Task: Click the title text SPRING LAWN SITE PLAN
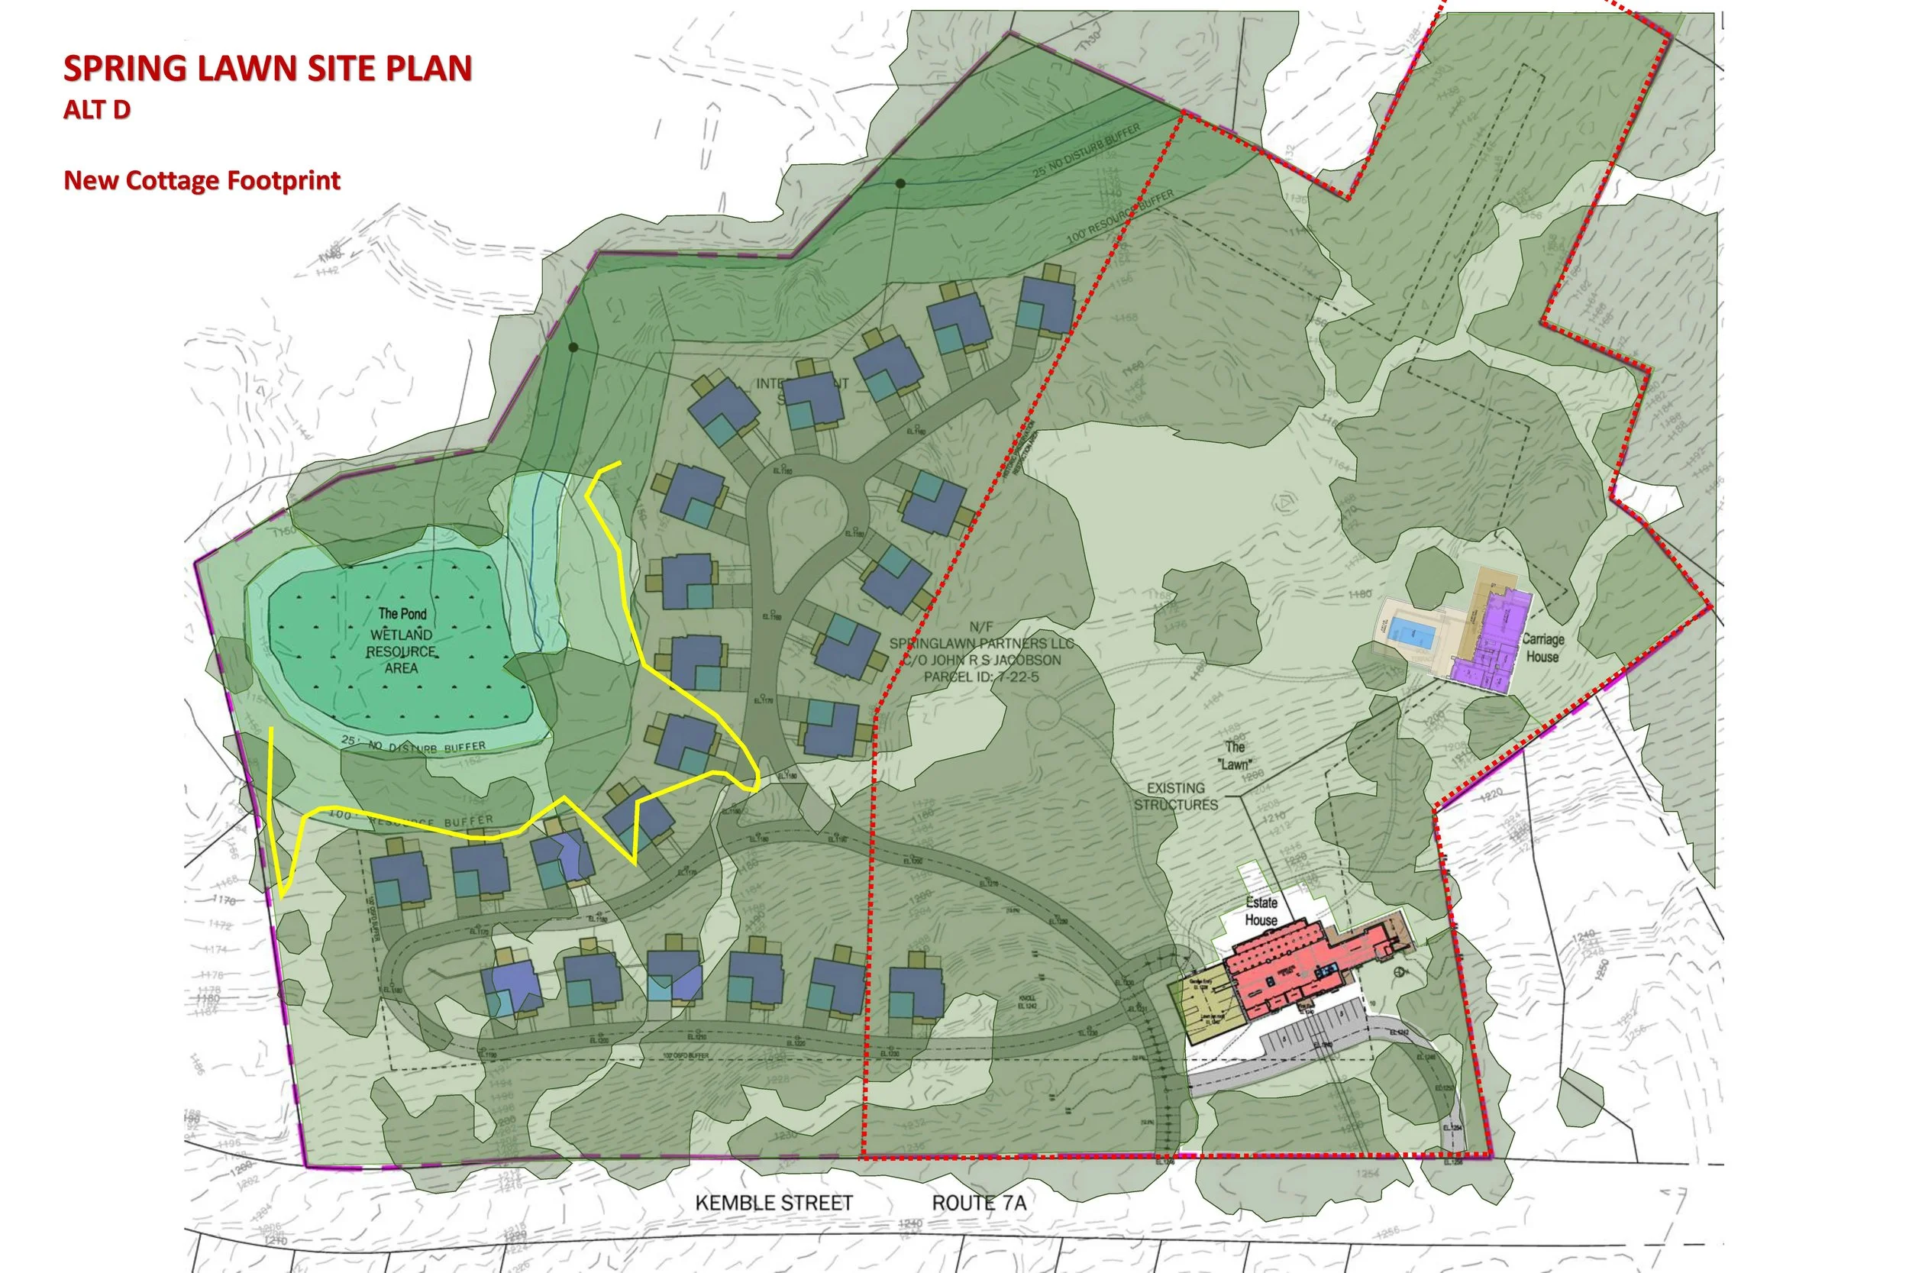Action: pos(268,68)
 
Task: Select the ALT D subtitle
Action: pos(96,110)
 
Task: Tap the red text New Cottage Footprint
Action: pos(202,180)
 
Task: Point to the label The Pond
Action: pos(402,614)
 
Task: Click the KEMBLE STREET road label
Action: pos(774,1203)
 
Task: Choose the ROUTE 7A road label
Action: pos(979,1203)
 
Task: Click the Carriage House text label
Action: pos(1542,648)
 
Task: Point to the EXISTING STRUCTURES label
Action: pos(1175,796)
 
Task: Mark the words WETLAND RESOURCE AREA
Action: pos(401,651)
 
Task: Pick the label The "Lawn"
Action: pos(1234,755)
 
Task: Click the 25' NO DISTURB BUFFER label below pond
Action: pos(414,744)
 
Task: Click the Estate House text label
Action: pos(1261,911)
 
